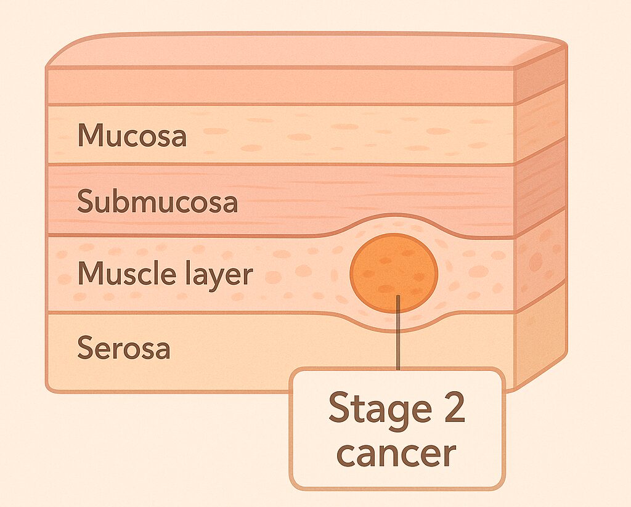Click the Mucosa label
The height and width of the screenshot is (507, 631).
(131, 135)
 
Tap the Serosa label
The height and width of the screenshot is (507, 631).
(123, 349)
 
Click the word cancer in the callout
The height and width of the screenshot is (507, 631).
(397, 453)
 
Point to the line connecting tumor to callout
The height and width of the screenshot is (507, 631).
(399, 336)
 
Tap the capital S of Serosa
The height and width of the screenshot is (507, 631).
(85, 349)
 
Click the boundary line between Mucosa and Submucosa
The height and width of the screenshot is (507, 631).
(277, 164)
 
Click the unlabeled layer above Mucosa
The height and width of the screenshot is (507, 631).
(277, 86)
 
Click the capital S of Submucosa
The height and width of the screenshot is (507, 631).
(85, 201)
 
